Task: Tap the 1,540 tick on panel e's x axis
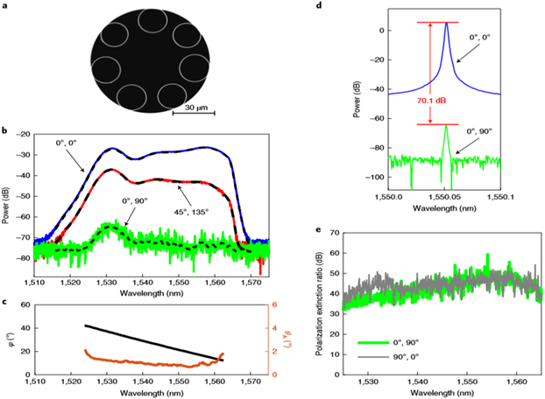[419, 381]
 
